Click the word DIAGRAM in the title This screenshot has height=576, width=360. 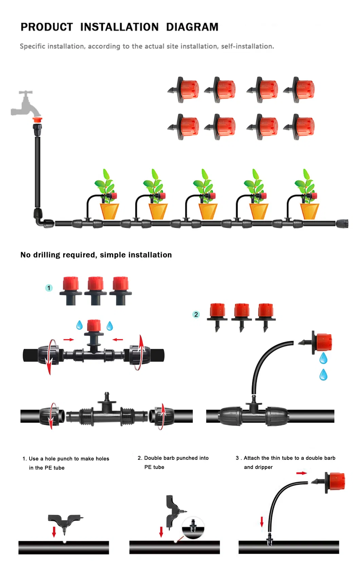coord(192,27)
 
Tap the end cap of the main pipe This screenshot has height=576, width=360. coord(342,223)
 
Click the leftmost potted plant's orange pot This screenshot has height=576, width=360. coord(109,211)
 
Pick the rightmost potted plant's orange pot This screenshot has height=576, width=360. coord(310,211)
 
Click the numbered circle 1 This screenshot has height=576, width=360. coord(49,288)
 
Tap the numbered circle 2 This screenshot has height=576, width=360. coord(196,314)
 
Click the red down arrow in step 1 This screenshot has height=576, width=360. coord(54,532)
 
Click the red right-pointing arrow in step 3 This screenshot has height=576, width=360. coord(301,473)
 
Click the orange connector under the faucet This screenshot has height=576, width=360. coord(38,120)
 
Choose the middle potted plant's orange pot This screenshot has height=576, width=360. coord(208,211)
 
